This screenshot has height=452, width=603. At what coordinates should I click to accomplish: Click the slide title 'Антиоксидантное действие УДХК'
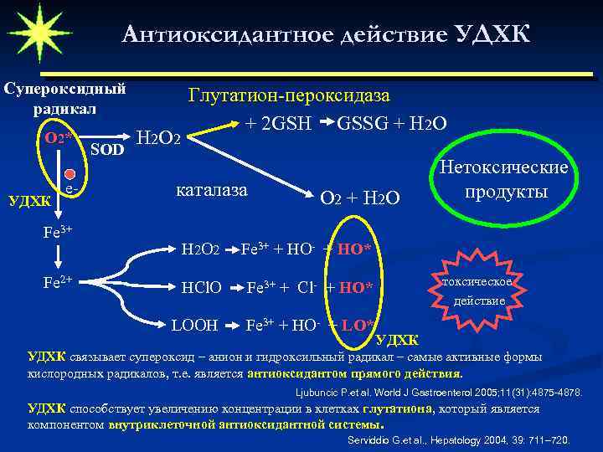point(326,34)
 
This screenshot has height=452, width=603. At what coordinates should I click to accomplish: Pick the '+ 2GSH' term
point(278,123)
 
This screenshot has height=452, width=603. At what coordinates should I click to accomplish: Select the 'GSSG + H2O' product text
point(391,123)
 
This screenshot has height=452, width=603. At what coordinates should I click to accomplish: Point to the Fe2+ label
point(58,281)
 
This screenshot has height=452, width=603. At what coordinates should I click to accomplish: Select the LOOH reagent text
point(194,325)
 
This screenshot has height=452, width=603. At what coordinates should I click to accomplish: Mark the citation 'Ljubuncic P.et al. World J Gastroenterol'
point(439,392)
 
